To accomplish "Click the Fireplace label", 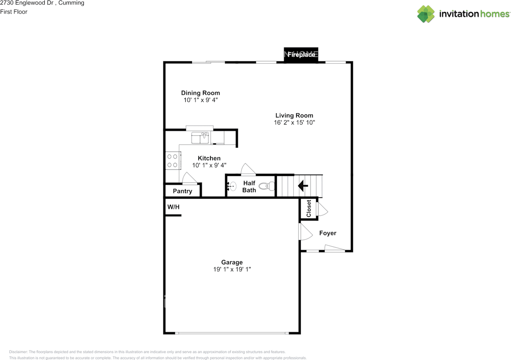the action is click(x=301, y=55).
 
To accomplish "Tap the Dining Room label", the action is click(x=200, y=93).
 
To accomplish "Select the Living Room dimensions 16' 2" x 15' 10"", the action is click(x=294, y=123).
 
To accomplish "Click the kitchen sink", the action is click(x=200, y=138).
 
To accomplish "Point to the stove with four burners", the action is click(x=173, y=161).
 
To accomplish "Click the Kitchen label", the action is click(x=209, y=158).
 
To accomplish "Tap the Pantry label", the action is click(x=182, y=191).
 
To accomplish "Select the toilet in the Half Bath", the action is click(x=267, y=186).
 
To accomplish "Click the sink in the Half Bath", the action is click(x=232, y=186).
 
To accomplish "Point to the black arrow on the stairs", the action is click(x=303, y=185).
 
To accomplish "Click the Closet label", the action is click(x=309, y=209).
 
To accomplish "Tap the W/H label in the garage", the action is click(x=173, y=207).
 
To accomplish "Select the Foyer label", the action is click(x=328, y=233).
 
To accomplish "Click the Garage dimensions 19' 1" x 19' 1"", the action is click(x=232, y=269).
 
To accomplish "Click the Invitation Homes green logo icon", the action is click(x=426, y=14).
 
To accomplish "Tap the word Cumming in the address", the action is click(x=71, y=3).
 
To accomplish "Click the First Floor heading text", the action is click(x=14, y=12).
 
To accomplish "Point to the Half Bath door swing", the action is click(x=248, y=169).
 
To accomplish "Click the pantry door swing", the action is click(x=190, y=178).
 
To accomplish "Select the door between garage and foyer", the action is click(x=305, y=232).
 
